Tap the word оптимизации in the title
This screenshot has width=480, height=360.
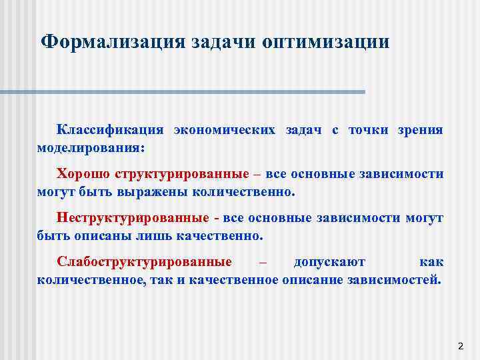pos(326,42)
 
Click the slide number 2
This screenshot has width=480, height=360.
pos(460,346)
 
